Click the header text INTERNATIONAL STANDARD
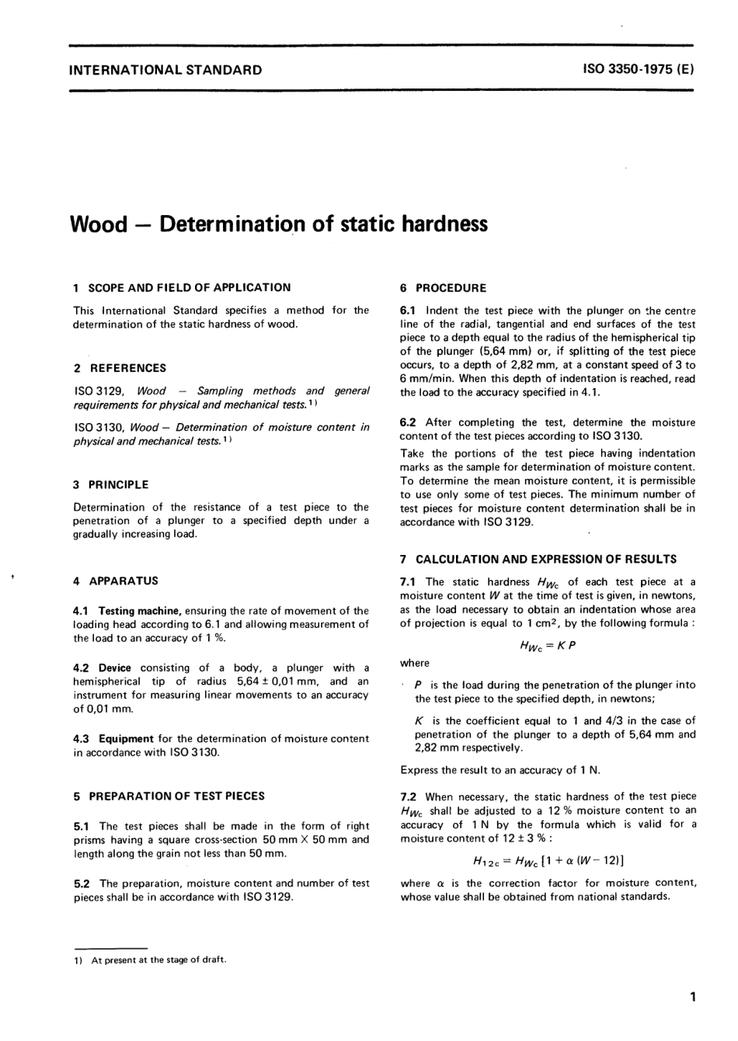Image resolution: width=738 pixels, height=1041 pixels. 165,70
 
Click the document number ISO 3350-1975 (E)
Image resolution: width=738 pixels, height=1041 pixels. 638,69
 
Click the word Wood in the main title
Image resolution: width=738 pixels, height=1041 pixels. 98,224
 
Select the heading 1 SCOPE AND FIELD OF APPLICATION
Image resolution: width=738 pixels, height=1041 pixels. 182,287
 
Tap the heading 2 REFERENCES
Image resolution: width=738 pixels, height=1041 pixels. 120,368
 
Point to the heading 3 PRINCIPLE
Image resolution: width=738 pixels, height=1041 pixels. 110,484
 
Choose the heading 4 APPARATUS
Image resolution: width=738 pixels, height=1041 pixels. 116,581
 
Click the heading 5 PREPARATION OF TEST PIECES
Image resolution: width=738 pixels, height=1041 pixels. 169,796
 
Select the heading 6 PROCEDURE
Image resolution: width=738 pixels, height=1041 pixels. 443,288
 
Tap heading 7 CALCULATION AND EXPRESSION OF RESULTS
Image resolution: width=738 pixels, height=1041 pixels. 538,559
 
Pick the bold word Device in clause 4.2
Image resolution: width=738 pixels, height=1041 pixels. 115,668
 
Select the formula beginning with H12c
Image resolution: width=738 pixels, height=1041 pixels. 548,860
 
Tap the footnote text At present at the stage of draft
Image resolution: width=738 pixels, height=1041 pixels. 158,959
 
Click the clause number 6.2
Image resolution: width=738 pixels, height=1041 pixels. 409,422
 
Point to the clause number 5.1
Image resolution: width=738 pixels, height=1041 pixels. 82,826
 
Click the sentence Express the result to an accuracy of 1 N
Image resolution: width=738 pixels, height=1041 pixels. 500,770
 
